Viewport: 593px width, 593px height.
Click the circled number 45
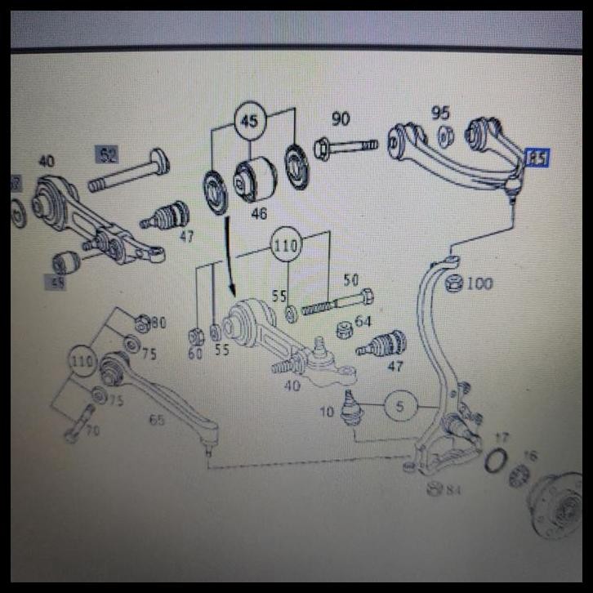(249, 122)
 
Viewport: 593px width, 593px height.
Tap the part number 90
(341, 119)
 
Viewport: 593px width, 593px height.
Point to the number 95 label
(441, 114)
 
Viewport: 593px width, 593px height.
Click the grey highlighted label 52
(107, 154)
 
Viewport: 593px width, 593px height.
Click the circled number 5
(399, 405)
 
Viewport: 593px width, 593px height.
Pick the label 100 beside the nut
(479, 283)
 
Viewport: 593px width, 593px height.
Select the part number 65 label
(156, 420)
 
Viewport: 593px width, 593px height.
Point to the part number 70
(91, 430)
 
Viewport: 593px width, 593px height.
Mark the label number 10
(327, 412)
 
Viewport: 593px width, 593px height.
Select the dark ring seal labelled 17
(494, 461)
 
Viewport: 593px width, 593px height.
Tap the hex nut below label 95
(445, 135)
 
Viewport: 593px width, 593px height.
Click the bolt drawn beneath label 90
(345, 148)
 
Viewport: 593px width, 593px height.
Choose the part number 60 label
(194, 353)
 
